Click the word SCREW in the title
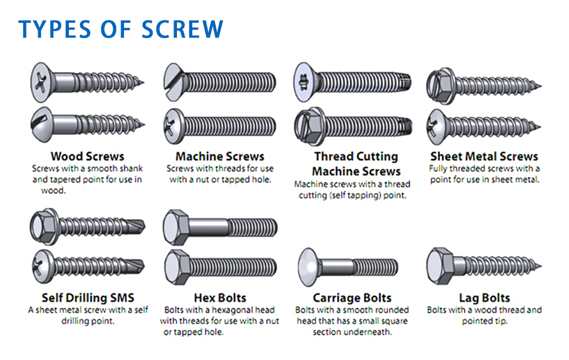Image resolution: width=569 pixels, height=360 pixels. [183, 30]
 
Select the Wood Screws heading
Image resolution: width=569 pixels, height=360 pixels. [88, 156]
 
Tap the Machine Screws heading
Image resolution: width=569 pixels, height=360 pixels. [220, 156]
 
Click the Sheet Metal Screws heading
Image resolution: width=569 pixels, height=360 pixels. [484, 156]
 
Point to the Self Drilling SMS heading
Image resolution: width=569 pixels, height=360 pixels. [88, 297]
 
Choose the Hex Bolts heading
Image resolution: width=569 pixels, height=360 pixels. [220, 297]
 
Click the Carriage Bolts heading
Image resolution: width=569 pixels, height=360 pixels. [352, 297]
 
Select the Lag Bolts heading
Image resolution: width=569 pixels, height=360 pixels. [484, 297]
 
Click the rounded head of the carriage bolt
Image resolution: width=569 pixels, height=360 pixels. [308, 267]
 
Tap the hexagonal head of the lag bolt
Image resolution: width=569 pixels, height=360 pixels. [440, 266]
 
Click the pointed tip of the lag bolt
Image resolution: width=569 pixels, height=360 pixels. [541, 266]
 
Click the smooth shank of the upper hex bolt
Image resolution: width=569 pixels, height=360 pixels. [208, 227]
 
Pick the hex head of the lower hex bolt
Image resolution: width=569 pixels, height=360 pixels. [177, 267]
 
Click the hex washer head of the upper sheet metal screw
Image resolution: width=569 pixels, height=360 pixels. [440, 86]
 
